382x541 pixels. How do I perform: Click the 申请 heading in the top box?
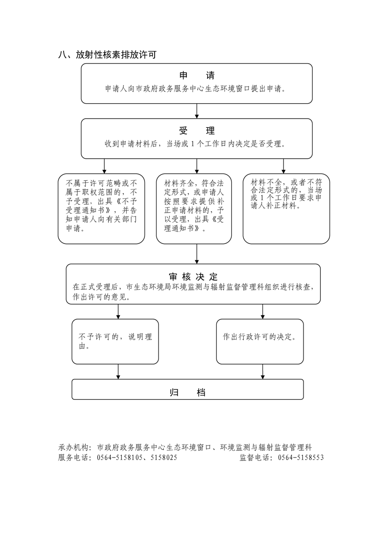tap(197, 76)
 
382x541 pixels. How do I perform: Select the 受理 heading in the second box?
tap(197, 131)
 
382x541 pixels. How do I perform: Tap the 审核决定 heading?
tap(193, 277)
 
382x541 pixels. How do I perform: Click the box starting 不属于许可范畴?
tap(101, 208)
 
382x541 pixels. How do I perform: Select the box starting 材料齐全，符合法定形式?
tap(194, 208)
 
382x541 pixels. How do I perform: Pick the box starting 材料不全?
tap(283, 208)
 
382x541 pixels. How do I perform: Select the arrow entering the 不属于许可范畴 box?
tap(105, 166)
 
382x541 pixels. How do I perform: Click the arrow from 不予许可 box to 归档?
tap(118, 371)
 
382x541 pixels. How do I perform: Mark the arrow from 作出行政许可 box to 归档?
tap(263, 371)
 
